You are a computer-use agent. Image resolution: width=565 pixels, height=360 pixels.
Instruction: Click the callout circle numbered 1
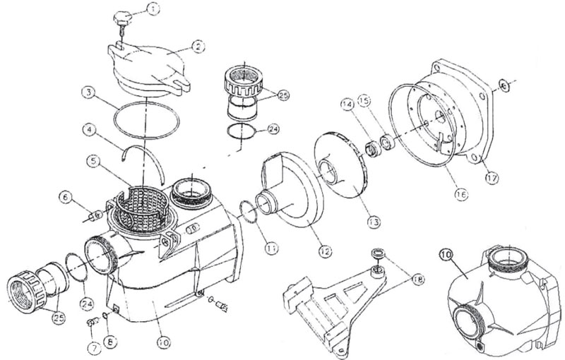click(153, 9)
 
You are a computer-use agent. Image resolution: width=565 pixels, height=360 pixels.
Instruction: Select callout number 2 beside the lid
click(198, 47)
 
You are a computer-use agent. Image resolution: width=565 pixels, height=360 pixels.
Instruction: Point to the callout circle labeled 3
click(88, 93)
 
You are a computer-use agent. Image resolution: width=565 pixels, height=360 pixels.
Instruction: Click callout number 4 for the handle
click(89, 128)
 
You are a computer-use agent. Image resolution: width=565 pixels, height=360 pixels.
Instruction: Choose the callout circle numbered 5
click(94, 162)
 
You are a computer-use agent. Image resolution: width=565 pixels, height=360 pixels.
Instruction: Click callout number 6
click(66, 197)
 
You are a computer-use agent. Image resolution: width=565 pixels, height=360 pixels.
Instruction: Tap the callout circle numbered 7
click(94, 348)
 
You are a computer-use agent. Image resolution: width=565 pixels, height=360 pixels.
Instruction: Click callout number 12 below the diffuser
click(325, 251)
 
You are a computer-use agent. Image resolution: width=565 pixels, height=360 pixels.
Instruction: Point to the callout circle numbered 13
click(374, 222)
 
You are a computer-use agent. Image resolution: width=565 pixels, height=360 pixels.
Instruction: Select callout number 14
click(347, 104)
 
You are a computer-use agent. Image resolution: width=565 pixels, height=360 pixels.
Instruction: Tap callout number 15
click(364, 101)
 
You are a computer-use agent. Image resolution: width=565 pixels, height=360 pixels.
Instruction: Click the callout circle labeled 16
click(461, 194)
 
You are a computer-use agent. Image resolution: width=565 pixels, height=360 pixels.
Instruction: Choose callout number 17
click(492, 178)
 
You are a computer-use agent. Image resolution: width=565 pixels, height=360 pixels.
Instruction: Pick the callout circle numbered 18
click(418, 279)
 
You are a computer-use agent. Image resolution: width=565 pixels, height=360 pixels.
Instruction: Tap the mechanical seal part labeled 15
click(387, 142)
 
